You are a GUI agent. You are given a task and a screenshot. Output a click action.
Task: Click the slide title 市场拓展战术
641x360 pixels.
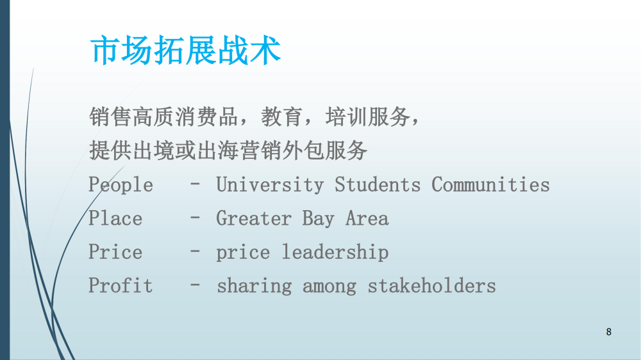point(185,50)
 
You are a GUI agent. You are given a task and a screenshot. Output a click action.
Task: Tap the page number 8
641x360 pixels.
point(609,332)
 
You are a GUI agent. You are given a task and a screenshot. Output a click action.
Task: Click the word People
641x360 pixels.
point(121,185)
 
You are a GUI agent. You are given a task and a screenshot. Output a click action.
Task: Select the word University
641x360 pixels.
point(270,185)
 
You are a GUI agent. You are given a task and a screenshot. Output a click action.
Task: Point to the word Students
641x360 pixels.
point(378,184)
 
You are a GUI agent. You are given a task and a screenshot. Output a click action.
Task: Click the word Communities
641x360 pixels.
point(490,184)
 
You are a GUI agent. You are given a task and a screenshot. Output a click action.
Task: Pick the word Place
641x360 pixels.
point(115,218)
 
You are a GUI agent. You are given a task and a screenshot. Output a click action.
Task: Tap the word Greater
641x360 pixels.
point(253,218)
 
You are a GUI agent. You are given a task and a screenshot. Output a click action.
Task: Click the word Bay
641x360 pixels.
point(318,219)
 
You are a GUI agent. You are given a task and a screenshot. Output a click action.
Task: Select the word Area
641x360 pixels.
point(367,218)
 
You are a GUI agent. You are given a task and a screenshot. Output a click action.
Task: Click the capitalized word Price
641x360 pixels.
point(115,252)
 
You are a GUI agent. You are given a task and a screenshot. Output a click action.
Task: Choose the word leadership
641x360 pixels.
point(335,252)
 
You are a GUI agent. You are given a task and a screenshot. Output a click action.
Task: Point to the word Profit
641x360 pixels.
point(121,285)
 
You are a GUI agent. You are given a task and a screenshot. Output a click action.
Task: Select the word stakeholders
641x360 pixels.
point(431,285)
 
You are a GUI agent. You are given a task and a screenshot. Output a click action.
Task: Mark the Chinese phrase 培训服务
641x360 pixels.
point(368,117)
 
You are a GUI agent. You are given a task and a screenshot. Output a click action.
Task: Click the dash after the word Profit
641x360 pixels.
point(195,285)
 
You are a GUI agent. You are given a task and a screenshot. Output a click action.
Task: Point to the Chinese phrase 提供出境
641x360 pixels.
point(131,151)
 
